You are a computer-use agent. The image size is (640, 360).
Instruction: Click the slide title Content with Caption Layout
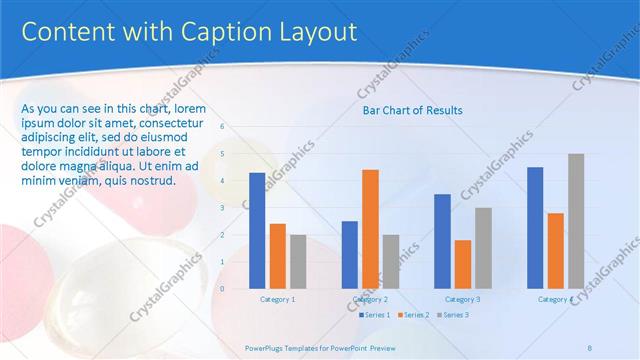(189, 32)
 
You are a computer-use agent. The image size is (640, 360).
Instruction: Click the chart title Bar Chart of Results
(412, 110)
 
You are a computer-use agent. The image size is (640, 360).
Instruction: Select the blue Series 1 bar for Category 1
(257, 230)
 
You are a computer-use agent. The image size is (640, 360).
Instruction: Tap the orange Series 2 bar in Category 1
(278, 256)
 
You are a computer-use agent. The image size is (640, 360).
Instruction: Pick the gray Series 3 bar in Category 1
(298, 261)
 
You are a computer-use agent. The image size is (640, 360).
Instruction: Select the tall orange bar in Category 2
(370, 229)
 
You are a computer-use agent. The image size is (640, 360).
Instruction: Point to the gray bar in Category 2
(390, 261)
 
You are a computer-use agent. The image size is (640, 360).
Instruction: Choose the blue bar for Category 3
(442, 241)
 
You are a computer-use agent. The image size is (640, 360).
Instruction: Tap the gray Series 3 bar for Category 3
(483, 248)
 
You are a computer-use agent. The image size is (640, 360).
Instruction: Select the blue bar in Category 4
(535, 227)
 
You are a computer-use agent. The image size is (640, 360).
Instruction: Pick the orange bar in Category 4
(555, 250)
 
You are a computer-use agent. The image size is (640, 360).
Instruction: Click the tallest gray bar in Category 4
(576, 221)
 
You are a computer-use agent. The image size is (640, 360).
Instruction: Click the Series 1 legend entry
(374, 315)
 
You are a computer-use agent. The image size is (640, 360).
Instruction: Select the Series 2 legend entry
(412, 315)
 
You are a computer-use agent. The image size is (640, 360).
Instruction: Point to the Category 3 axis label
(462, 299)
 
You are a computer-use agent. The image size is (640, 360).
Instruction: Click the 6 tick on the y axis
(222, 127)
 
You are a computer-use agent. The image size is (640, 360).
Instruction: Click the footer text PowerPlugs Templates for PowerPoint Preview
(320, 348)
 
